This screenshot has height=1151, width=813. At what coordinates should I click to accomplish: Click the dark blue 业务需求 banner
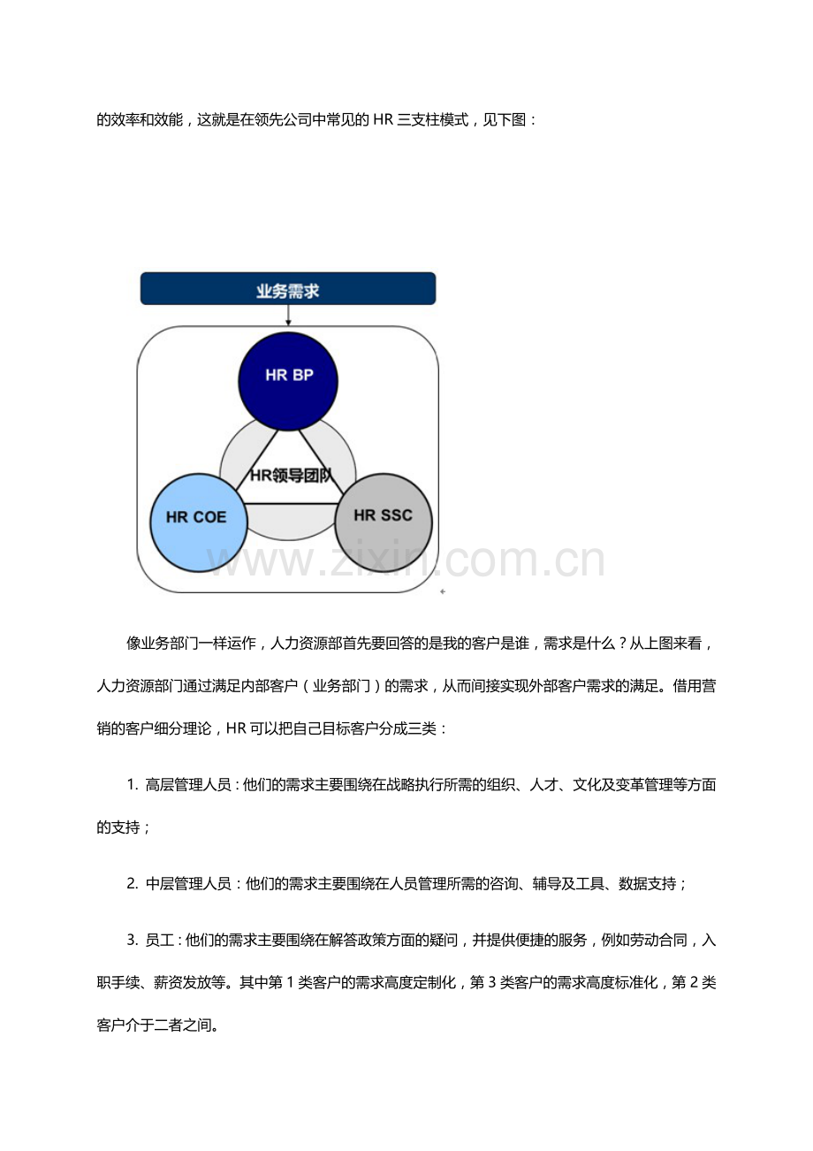[287, 288]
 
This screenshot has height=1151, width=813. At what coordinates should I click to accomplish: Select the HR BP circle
[288, 381]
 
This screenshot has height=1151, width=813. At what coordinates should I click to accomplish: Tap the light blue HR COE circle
[199, 522]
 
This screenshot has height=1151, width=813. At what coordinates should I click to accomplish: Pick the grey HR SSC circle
[384, 522]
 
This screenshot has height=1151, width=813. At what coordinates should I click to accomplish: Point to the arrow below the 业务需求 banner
[288, 315]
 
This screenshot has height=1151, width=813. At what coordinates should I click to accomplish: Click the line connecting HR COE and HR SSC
[291, 504]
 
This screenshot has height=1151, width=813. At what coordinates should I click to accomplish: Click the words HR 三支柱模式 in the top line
[421, 120]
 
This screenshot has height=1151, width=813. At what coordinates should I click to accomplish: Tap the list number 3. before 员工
[133, 940]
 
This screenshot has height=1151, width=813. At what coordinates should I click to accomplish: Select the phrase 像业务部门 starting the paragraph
[163, 644]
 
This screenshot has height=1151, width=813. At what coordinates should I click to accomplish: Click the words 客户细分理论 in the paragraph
[168, 728]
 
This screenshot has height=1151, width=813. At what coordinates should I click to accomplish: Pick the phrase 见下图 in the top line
[505, 120]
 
